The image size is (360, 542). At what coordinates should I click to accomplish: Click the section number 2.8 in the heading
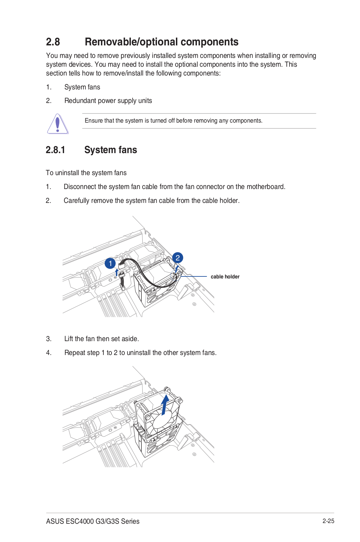pyautogui.click(x=53, y=42)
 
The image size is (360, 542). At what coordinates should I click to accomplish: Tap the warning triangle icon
pyautogui.click(x=58, y=124)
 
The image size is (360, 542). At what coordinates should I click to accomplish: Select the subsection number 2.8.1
pyautogui.click(x=55, y=150)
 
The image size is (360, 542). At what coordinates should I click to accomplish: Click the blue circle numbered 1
pyautogui.click(x=110, y=263)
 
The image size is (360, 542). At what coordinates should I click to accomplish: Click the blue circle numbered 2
pyautogui.click(x=178, y=258)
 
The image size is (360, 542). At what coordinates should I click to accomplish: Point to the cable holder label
pyautogui.click(x=225, y=277)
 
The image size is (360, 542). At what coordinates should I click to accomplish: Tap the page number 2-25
pyautogui.click(x=328, y=521)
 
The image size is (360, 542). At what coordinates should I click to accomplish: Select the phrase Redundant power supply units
pyautogui.click(x=108, y=101)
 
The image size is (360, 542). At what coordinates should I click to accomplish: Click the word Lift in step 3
pyautogui.click(x=68, y=339)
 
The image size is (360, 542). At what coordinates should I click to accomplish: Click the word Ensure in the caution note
pyautogui.click(x=93, y=121)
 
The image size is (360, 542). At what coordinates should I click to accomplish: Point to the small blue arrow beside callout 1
pyautogui.click(x=117, y=272)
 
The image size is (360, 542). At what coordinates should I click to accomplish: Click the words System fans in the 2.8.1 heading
pyautogui.click(x=111, y=150)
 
